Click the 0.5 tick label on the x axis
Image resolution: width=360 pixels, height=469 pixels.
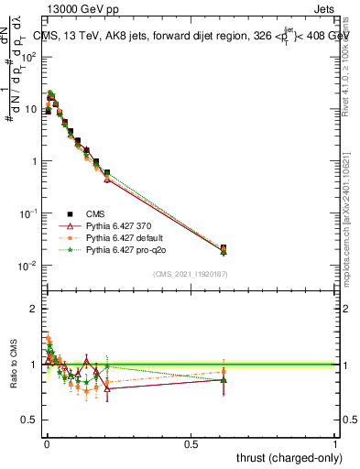coord(191,442)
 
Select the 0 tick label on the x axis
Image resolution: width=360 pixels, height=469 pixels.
coord(46,442)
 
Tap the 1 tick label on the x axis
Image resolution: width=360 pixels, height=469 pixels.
coord(335,442)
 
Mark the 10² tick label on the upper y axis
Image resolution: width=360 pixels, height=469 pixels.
coord(29,57)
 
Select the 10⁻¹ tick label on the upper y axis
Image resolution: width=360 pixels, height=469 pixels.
coord(29,213)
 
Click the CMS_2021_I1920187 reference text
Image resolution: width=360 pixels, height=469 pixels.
coord(190,274)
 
